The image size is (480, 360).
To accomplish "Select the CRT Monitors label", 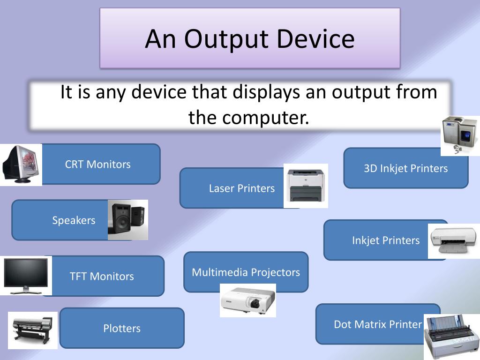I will coord(97,164).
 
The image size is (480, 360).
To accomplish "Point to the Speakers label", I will coord(74,220).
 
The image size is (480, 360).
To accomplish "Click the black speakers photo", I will coord(127,220).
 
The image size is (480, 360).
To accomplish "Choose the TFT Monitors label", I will coord(102,276).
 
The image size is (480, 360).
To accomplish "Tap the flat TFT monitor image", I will coord(25,276).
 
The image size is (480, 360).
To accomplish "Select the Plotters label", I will coord(122,328).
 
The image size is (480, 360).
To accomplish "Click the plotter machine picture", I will coord(32,330).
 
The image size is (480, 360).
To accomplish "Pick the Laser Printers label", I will coord(241,188).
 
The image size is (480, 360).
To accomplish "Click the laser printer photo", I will coord(306,186).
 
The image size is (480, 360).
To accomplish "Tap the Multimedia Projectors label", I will coord(246,272).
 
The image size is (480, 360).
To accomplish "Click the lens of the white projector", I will coord(255,304).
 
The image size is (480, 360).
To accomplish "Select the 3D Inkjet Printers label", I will coord(405,168).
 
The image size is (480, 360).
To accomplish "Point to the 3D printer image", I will coord(460,135).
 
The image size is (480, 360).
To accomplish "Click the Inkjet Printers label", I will coord(386,240).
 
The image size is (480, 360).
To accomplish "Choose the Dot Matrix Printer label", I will coord(378,324).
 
